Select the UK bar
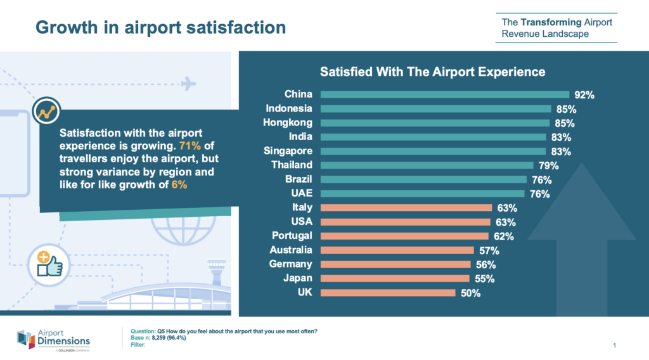388,293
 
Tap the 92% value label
584,95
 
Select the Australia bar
397,250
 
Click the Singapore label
288,151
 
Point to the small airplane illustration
188,83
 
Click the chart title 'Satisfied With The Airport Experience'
432,71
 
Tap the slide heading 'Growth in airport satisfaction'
160,28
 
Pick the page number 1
615,345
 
